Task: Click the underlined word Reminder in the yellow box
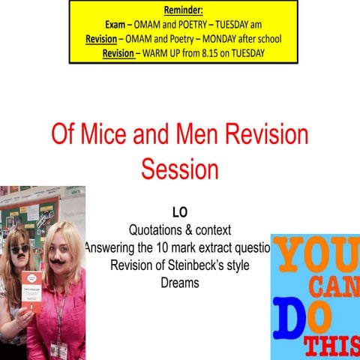(183, 11)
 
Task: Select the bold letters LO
(179, 214)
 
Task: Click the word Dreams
(180, 283)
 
